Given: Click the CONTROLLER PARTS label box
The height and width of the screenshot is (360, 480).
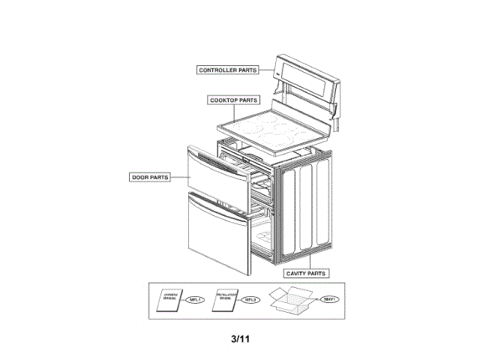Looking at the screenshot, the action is click(227, 70).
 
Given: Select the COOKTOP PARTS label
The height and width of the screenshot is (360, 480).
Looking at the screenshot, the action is click(234, 99).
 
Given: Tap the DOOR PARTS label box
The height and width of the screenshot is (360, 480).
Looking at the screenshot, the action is click(149, 177).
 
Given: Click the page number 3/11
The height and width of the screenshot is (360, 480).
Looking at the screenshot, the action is click(240, 338).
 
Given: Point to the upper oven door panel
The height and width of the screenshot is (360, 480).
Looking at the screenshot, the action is click(213, 178).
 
